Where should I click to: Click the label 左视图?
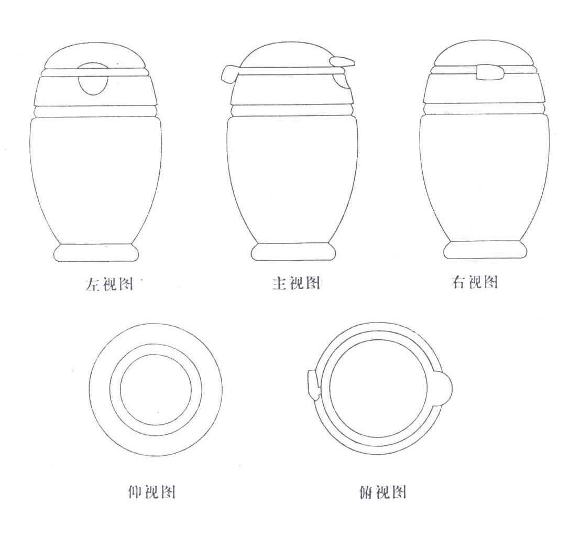[109, 284]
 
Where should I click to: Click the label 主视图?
[297, 283]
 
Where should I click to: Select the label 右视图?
[475, 282]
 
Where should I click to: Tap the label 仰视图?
[152, 492]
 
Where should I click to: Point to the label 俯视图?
[382, 492]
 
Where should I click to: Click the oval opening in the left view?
[93, 78]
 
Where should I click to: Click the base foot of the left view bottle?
[96, 253]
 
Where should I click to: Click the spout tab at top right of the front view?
[343, 62]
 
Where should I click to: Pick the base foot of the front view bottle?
[293, 252]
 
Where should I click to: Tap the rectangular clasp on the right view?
[489, 72]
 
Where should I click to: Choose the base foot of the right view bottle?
[485, 250]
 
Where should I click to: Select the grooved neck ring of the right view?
[485, 109]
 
